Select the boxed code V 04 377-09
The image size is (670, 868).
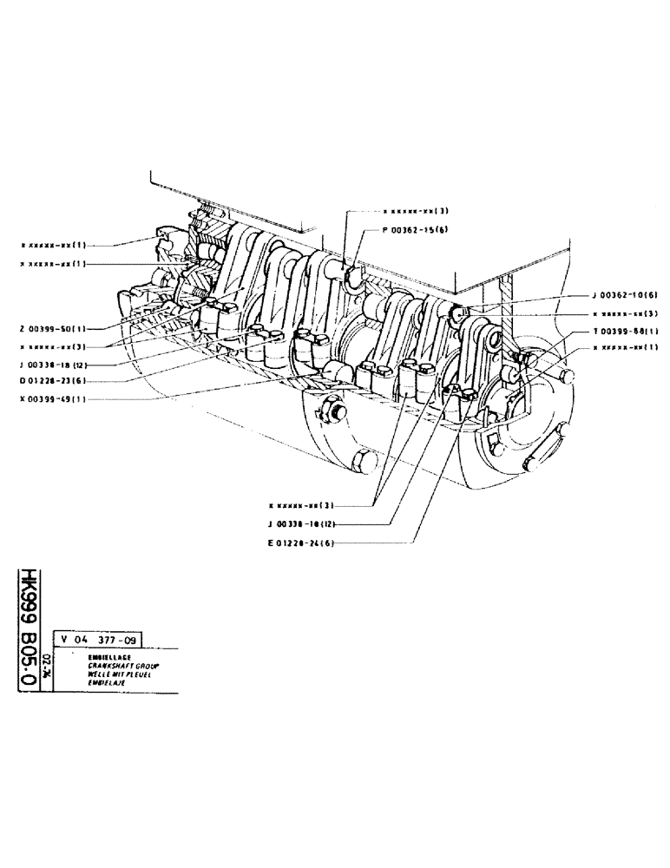95,641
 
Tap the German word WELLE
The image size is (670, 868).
98,673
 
